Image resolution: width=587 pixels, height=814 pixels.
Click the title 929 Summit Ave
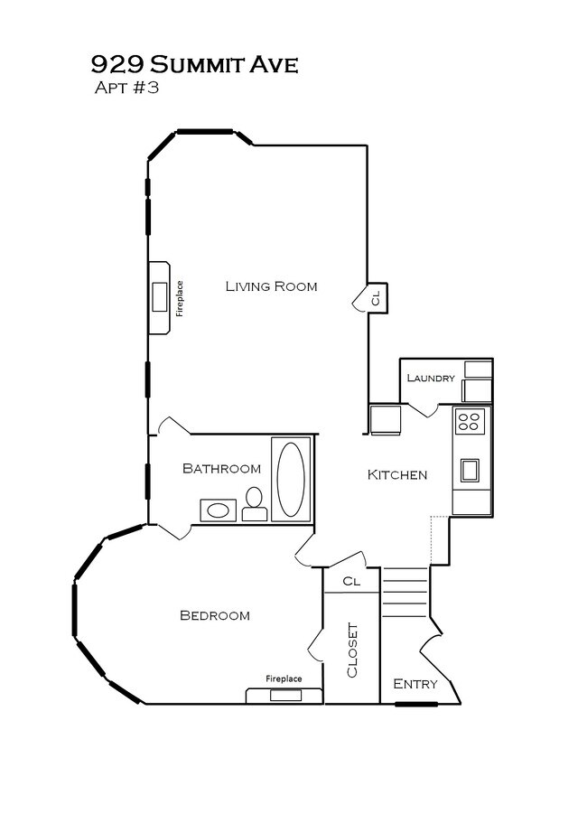194,65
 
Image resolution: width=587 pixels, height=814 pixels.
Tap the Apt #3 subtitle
126,89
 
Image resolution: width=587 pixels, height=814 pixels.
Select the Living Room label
271,286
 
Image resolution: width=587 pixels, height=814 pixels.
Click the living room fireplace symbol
160,297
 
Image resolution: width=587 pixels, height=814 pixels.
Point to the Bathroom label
221,468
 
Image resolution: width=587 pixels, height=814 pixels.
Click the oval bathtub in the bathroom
291,479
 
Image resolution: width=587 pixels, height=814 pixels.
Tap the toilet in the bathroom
255,505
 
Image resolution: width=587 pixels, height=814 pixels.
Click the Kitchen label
396,474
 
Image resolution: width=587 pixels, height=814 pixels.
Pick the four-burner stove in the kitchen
470,420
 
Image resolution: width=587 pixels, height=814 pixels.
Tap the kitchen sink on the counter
470,470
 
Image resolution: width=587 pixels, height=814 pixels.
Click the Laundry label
431,378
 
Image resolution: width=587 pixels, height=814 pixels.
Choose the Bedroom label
214,615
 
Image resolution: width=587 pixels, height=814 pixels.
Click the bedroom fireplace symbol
284,694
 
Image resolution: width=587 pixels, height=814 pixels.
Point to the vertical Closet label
352,650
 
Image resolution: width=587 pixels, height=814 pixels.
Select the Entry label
415,684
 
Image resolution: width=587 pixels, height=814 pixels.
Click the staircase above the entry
404,592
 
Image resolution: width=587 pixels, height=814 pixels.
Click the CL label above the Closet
351,581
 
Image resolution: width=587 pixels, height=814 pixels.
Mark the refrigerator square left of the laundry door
386,419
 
